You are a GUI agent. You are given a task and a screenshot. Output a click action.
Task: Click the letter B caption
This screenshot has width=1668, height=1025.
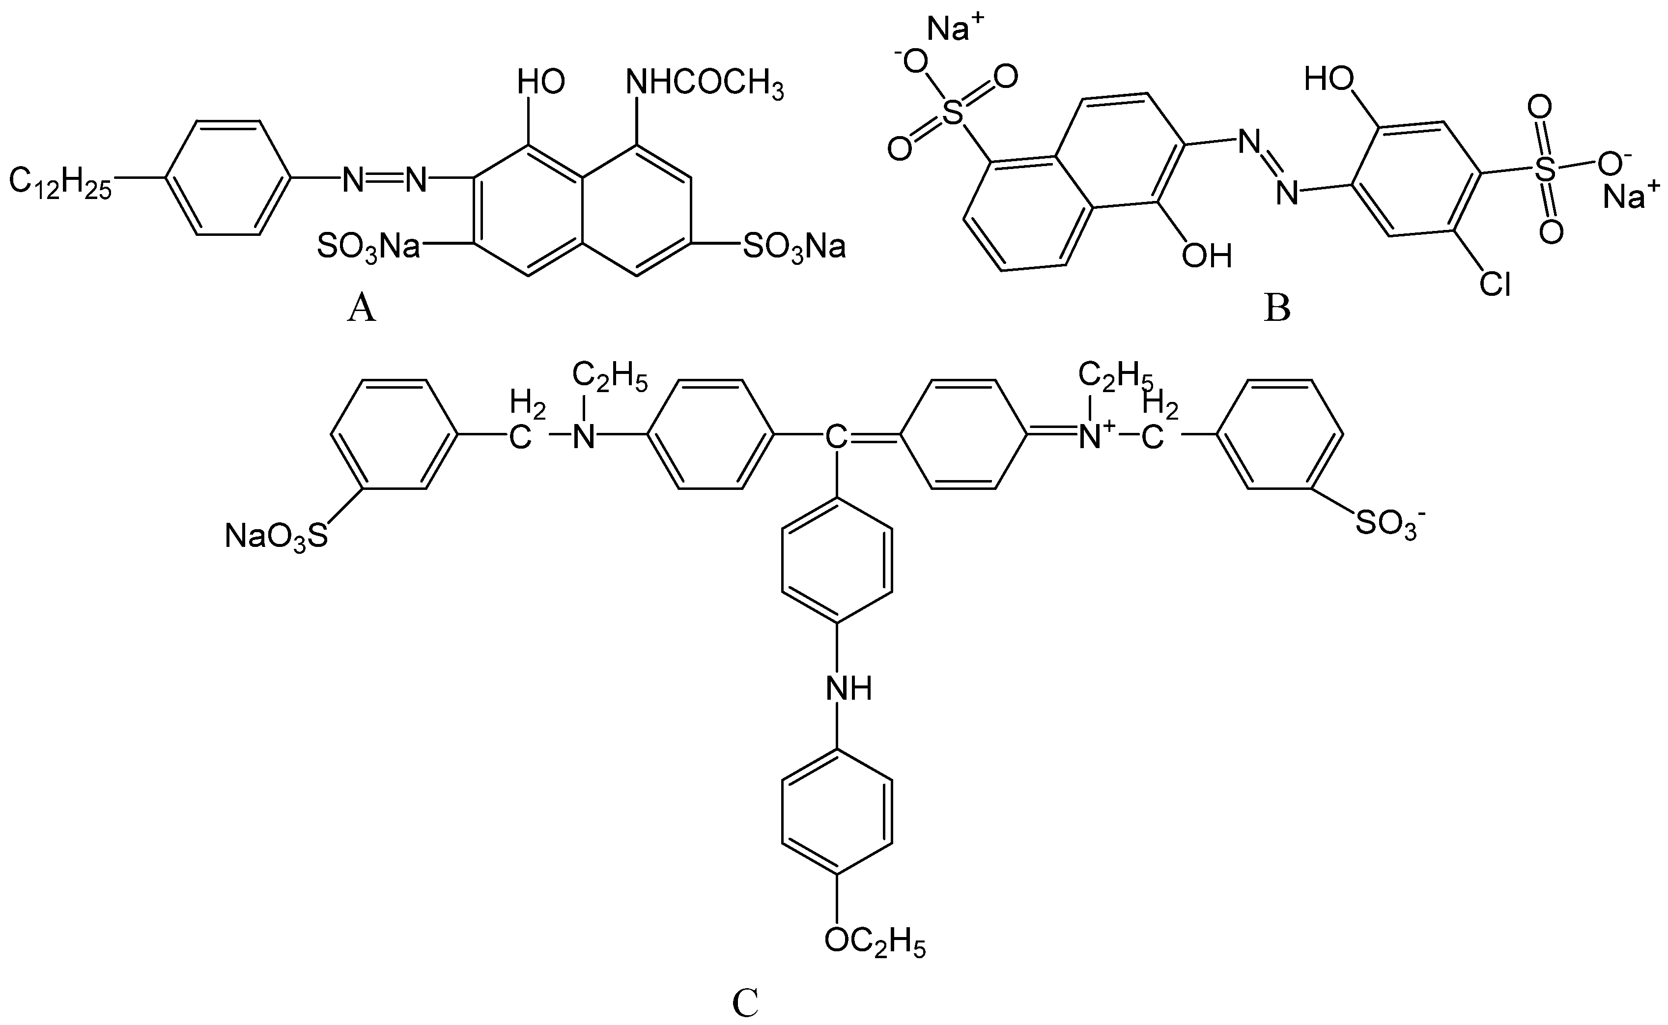pos(1277,309)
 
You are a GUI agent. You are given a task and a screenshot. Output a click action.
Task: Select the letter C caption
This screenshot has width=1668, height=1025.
pos(745,1004)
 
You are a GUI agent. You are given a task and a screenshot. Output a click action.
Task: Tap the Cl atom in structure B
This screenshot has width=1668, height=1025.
pos(1494,285)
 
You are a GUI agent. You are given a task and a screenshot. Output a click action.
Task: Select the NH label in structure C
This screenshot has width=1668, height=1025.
pos(848,690)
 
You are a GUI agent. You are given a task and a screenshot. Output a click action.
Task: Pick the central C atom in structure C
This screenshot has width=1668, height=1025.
pos(835,437)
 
